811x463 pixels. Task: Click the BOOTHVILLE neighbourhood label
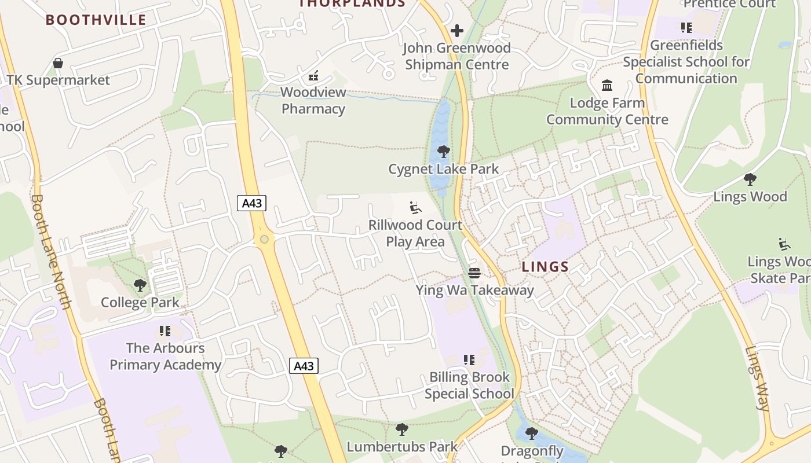click(96, 20)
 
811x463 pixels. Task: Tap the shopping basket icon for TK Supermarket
click(58, 63)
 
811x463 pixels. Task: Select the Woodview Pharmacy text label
click(313, 100)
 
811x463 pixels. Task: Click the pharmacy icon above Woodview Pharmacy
click(313, 75)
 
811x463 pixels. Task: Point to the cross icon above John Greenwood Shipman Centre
click(457, 30)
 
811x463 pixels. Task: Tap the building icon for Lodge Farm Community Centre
click(607, 86)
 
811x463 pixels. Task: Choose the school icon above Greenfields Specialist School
click(686, 28)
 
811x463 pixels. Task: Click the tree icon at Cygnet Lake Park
click(444, 152)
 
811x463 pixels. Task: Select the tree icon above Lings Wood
click(750, 179)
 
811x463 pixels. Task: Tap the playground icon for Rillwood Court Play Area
click(415, 208)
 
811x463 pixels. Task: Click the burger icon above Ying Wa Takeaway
click(474, 273)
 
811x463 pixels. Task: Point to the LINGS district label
click(545, 267)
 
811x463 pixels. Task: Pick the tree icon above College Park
click(140, 285)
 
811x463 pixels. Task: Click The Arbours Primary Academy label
click(166, 356)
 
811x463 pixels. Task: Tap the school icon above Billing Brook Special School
click(469, 360)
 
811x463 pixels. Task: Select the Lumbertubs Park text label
click(402, 446)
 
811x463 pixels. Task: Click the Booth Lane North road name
click(52, 251)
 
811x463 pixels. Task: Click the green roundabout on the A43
click(264, 239)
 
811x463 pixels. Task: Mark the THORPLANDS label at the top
click(352, 3)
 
